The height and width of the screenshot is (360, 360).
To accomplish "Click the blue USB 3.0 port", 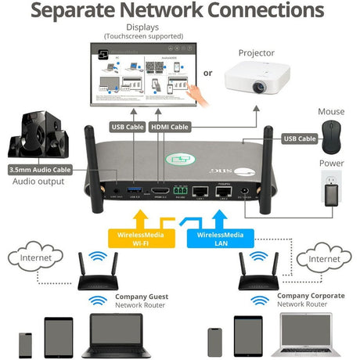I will pyautogui.click(x=134, y=191).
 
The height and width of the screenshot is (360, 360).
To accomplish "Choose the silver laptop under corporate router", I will pyautogui.click(x=305, y=335).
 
